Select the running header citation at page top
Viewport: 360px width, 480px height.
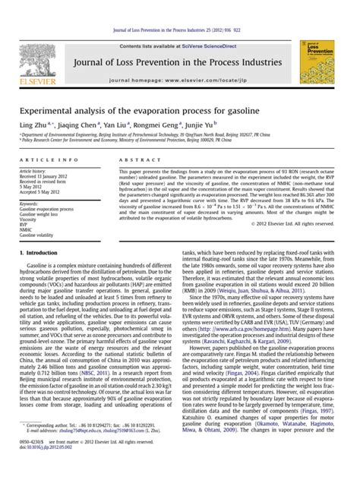[179, 8]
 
